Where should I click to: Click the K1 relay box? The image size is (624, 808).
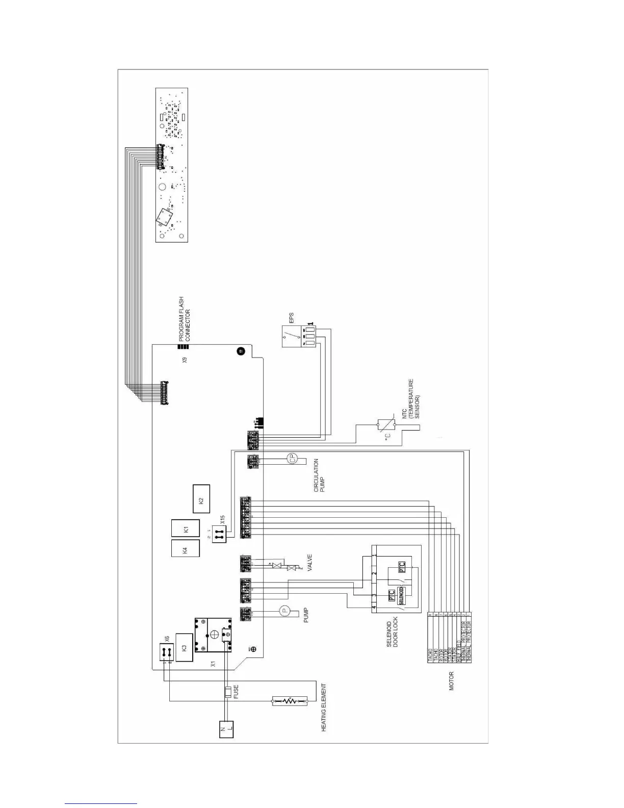(x=185, y=529)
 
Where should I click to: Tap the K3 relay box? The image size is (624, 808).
(x=184, y=647)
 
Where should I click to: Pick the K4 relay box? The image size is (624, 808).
(x=185, y=549)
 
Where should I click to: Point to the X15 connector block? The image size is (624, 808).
(x=219, y=534)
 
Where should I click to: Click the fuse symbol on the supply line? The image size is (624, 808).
(x=228, y=692)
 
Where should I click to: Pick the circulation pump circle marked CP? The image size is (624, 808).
(x=293, y=459)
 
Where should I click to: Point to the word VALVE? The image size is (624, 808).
(x=309, y=563)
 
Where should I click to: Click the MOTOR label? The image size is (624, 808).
(x=451, y=680)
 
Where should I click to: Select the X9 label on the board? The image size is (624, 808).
(x=185, y=360)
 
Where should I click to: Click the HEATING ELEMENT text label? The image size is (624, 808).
(x=324, y=708)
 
